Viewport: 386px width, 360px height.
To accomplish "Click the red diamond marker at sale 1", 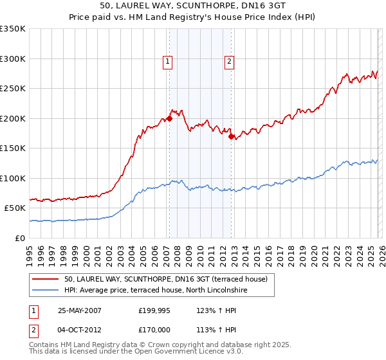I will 170,118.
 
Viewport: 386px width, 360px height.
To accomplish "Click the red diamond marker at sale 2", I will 231,136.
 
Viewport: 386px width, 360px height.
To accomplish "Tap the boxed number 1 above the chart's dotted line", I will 167,62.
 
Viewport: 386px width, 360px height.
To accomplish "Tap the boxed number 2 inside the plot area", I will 229,62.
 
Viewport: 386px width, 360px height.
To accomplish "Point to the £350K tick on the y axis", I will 13,29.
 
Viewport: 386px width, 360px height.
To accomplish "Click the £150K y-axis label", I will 13,148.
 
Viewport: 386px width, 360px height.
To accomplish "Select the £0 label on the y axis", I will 21,238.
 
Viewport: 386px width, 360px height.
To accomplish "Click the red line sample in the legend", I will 46,279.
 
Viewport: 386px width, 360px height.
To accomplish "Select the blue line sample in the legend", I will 46,291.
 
